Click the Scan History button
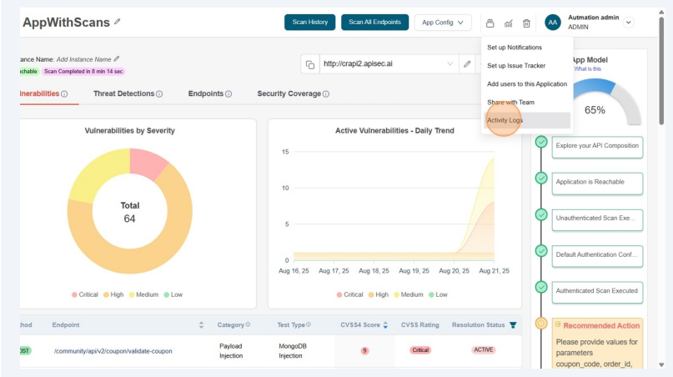pyautogui.click(x=310, y=23)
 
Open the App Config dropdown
pyautogui.click(x=443, y=23)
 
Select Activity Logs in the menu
pyautogui.click(x=505, y=120)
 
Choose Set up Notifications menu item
pyautogui.click(x=515, y=48)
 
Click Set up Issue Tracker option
pyautogui.click(x=516, y=65)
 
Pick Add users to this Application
pyautogui.click(x=527, y=83)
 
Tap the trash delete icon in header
pyautogui.click(x=526, y=23)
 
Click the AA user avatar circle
pyautogui.click(x=552, y=23)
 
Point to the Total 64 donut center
pyautogui.click(x=129, y=212)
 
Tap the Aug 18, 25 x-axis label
pyautogui.click(x=374, y=271)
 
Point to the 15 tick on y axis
pyautogui.click(x=284, y=152)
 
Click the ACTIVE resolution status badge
pyautogui.click(x=484, y=349)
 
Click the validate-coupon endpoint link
pyautogui.click(x=113, y=351)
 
